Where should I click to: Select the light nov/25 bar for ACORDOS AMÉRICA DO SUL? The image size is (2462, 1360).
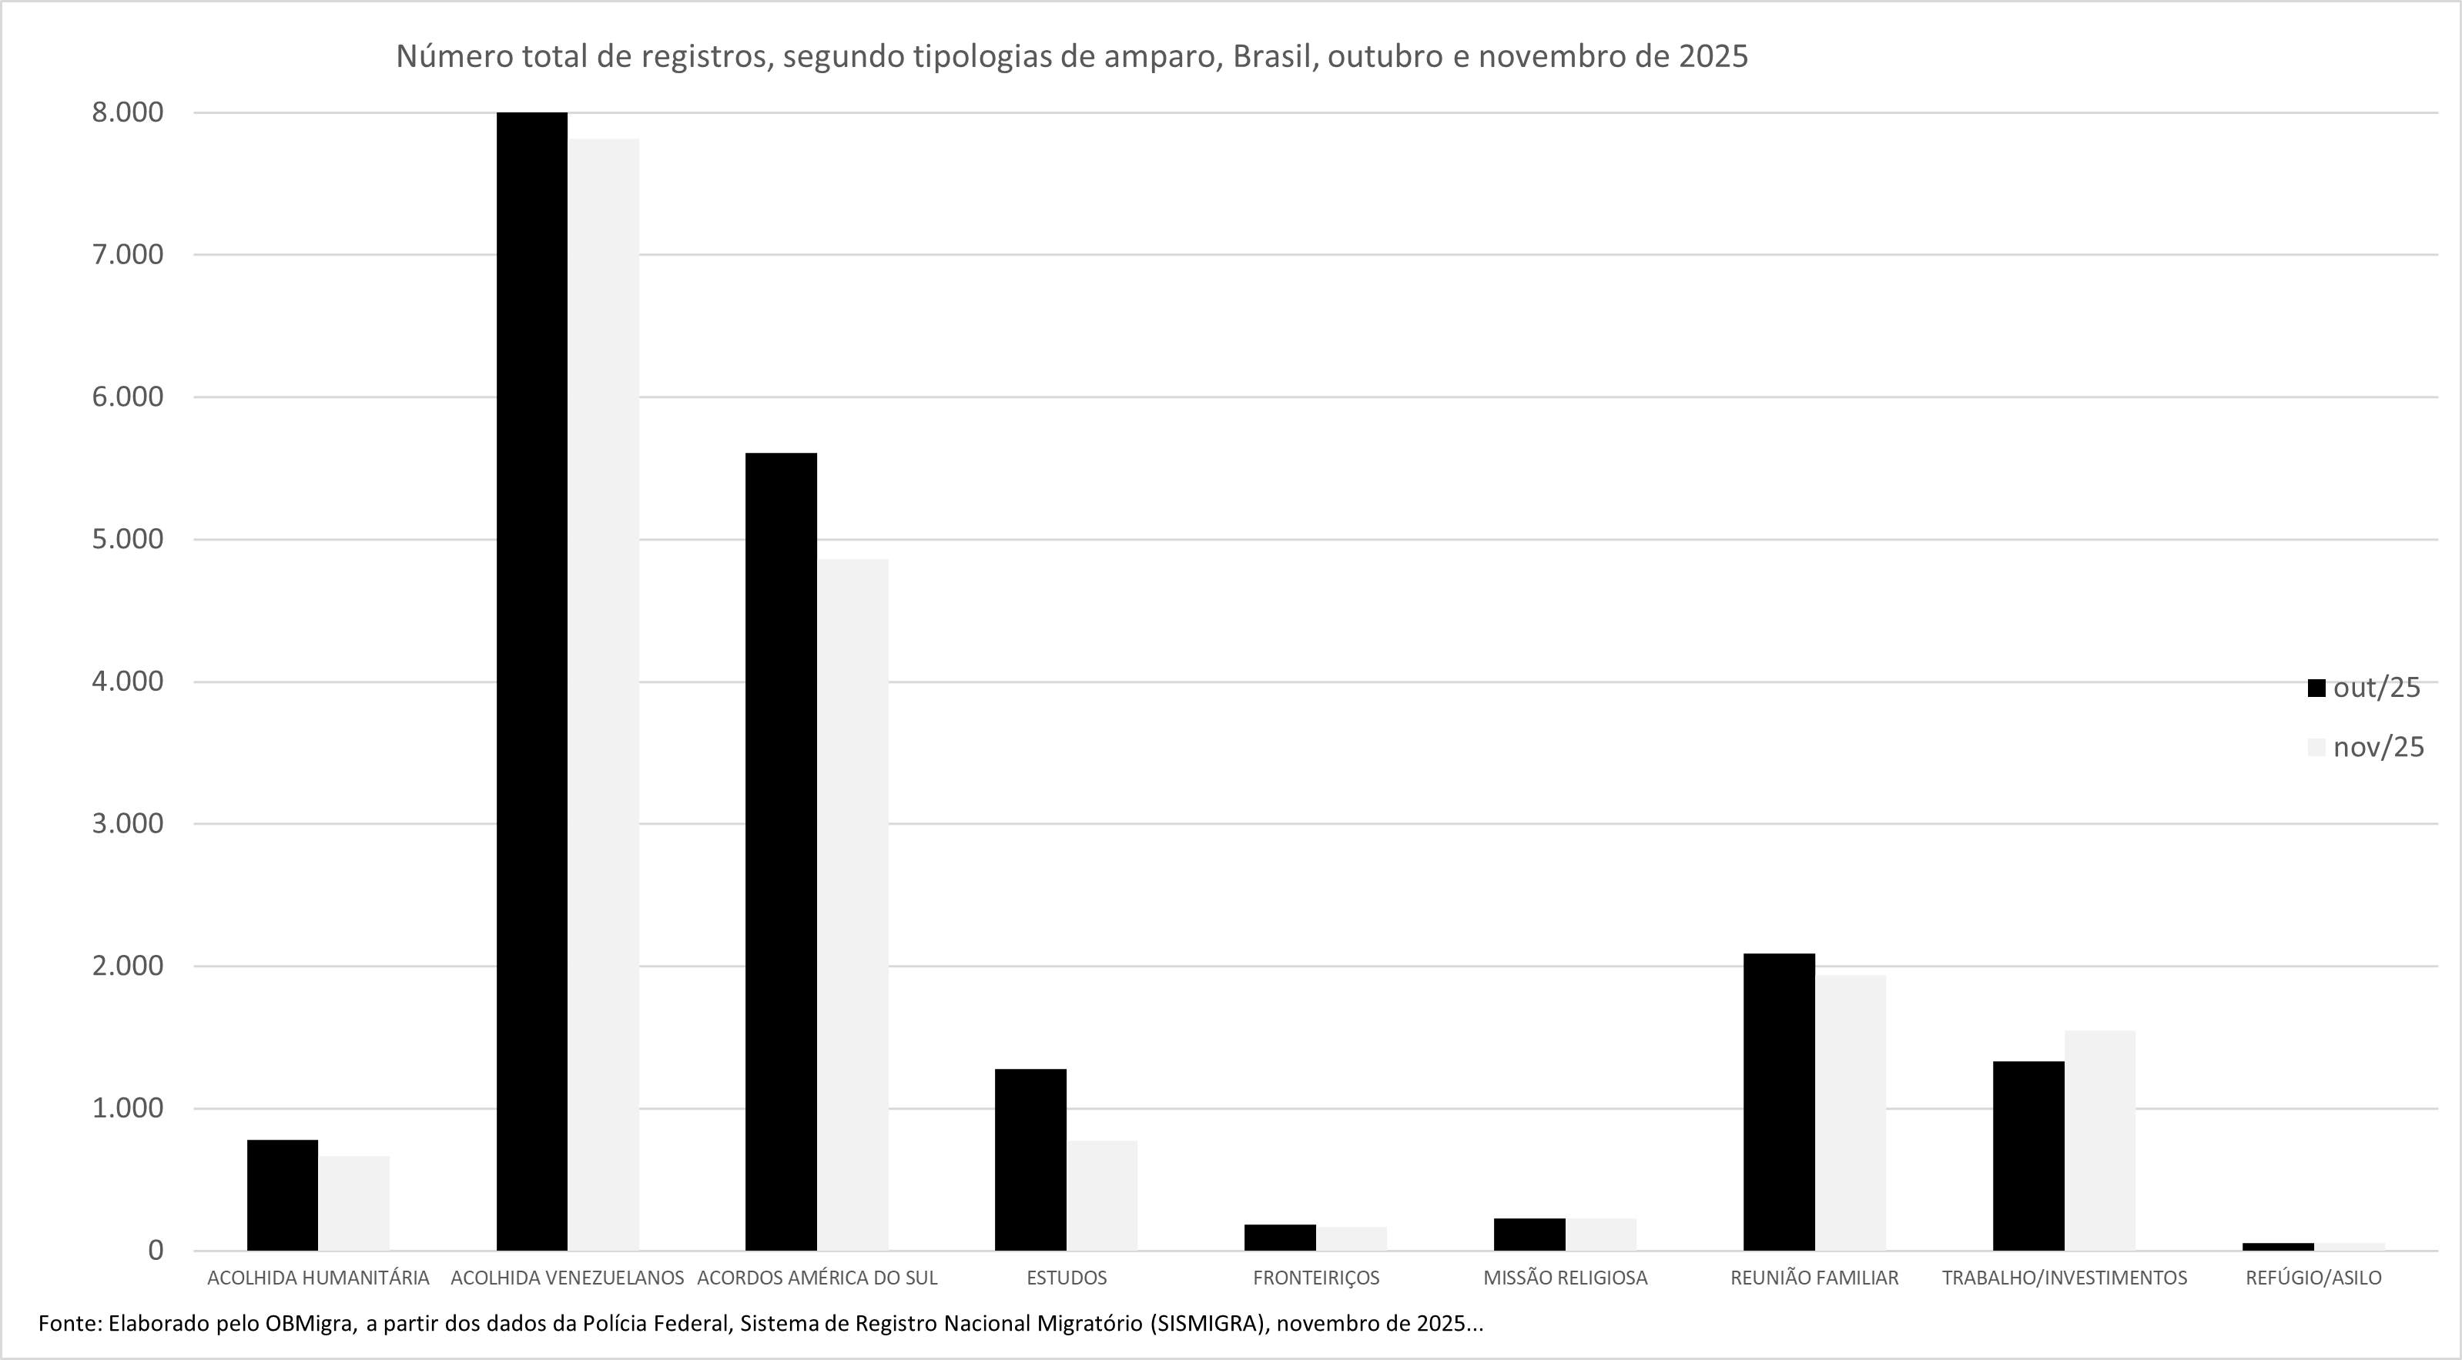[x=852, y=904]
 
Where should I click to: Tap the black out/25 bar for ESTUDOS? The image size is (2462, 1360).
[x=1030, y=1159]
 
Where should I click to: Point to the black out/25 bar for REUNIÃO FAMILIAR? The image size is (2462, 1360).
[x=1779, y=1102]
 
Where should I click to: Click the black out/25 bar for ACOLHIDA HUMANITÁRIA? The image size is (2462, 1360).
[x=282, y=1194]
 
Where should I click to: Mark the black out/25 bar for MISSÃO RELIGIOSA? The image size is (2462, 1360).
[x=1529, y=1234]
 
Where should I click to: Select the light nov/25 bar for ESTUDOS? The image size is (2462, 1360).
[x=1102, y=1194]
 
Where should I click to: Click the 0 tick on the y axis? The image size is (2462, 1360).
[x=156, y=1250]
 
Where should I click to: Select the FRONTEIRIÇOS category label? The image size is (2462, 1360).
[x=1316, y=1278]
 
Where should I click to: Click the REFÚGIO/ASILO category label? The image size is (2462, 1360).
[x=2313, y=1278]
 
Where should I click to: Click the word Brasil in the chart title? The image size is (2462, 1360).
[x=1270, y=56]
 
